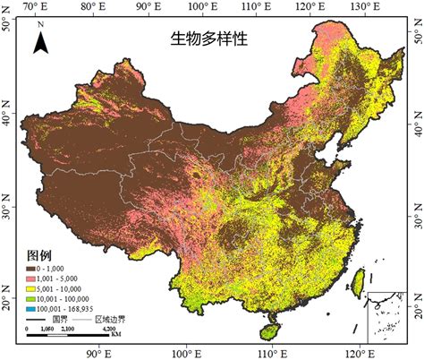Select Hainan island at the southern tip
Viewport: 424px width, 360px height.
[x=268, y=330]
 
